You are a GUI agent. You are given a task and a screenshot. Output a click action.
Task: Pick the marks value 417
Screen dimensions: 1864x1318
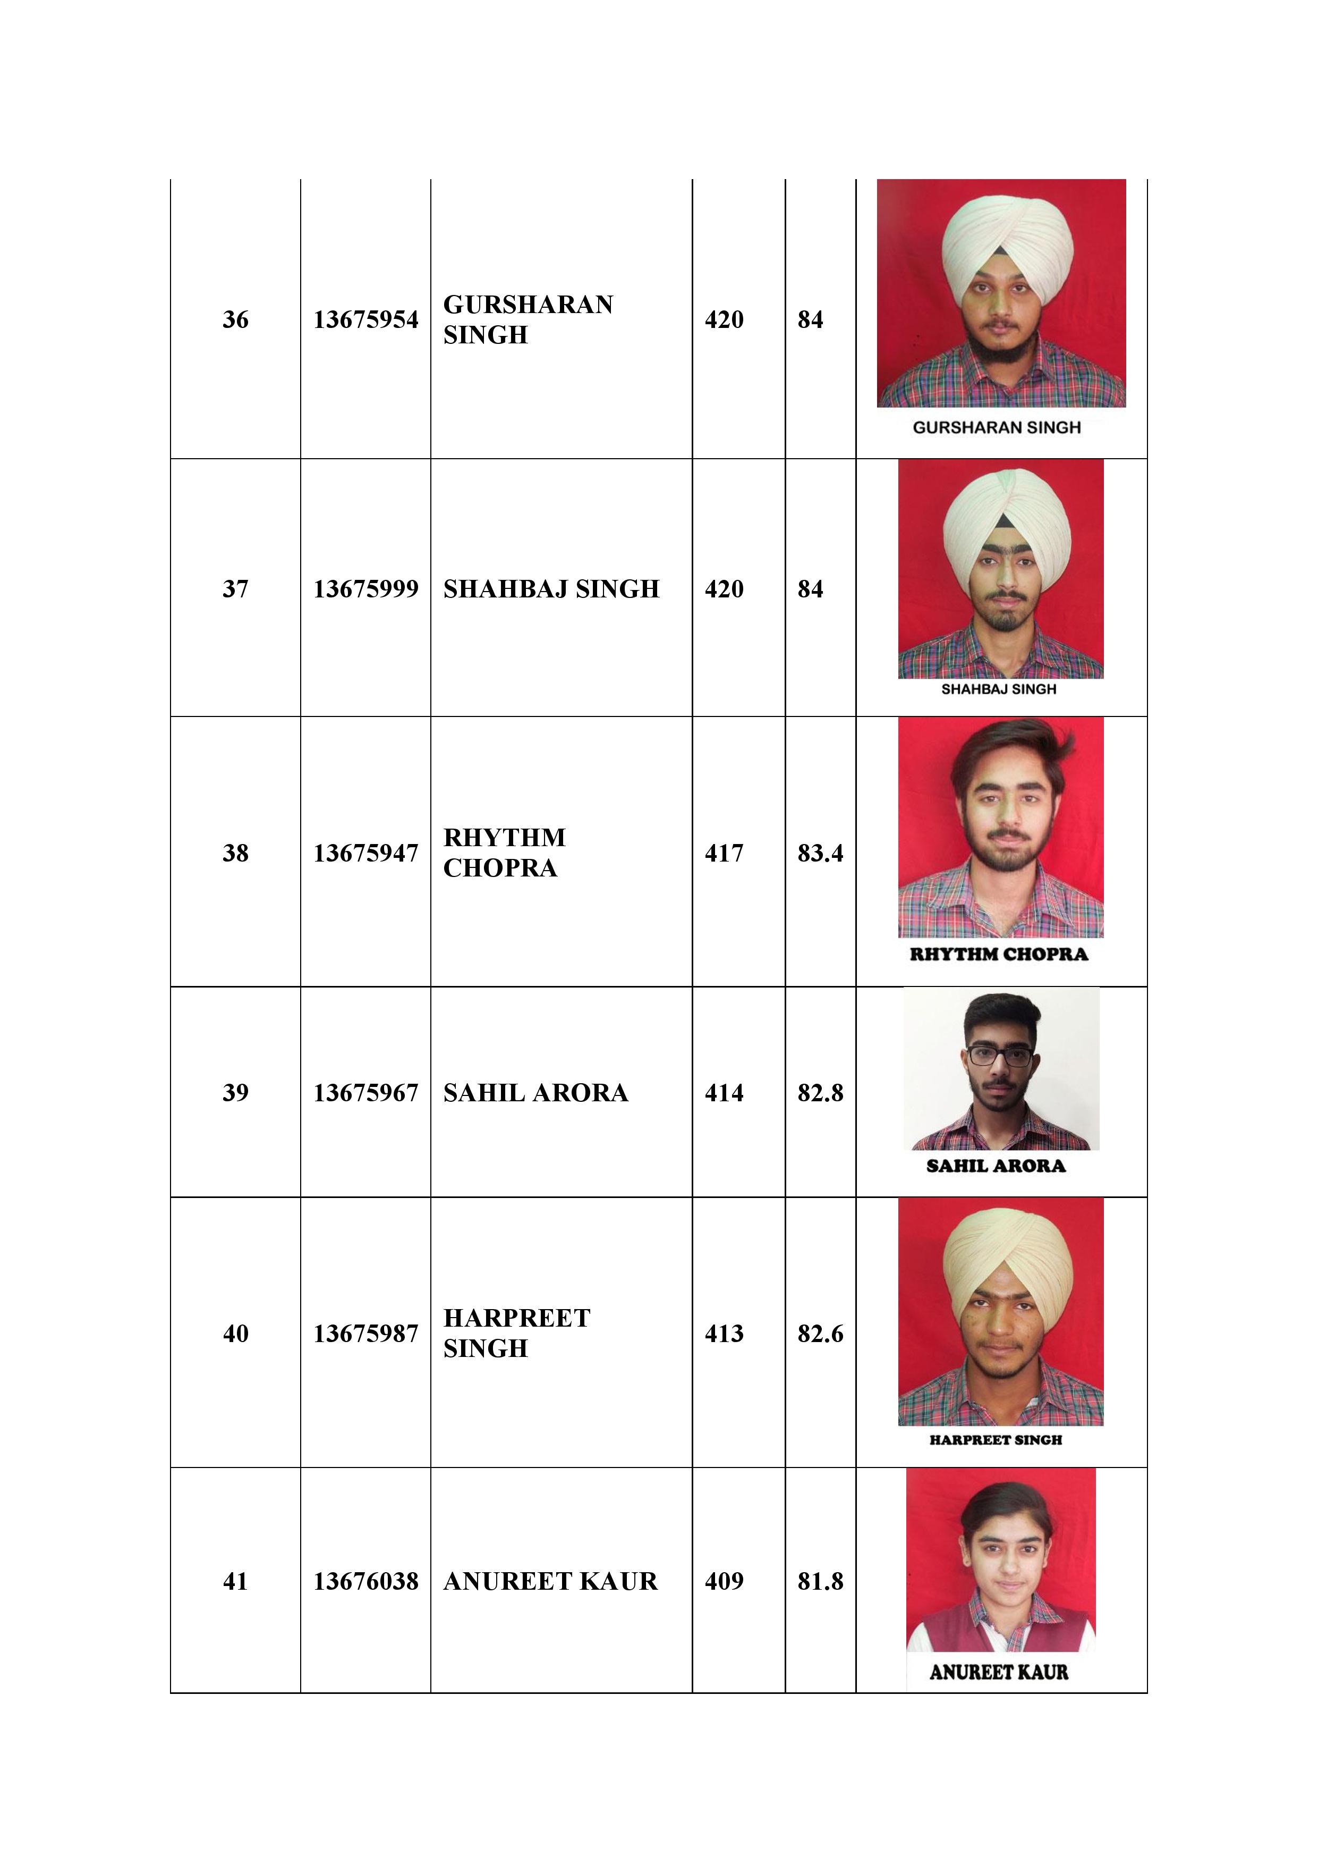click(724, 853)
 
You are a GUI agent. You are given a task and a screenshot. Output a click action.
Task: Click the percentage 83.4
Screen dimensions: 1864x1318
click(820, 853)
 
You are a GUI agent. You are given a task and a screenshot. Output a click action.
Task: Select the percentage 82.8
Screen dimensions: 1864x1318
click(820, 1093)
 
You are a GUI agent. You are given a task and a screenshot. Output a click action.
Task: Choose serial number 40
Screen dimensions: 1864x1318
click(235, 1333)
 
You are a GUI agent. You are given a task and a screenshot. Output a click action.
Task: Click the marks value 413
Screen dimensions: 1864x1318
click(724, 1333)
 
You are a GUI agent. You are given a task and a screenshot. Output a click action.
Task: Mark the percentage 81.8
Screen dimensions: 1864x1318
click(820, 1581)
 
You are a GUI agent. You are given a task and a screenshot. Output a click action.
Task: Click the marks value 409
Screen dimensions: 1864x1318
click(724, 1581)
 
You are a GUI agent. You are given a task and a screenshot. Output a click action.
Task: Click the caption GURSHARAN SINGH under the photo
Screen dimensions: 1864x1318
click(997, 427)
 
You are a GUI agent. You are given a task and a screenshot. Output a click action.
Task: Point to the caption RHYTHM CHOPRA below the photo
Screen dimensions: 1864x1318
click(998, 954)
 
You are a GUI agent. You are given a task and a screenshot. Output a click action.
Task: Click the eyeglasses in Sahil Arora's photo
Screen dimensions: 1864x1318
click(1000, 1056)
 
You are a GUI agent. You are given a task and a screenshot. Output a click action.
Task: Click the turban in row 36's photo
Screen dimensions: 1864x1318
click(1007, 240)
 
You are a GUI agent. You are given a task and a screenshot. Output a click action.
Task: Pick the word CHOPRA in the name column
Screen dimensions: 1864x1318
click(500, 868)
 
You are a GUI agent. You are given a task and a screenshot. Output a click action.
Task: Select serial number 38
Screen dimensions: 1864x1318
click(235, 853)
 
